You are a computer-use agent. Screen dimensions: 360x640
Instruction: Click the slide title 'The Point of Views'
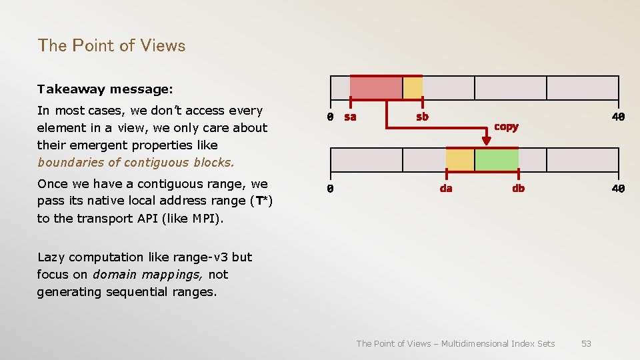pos(111,45)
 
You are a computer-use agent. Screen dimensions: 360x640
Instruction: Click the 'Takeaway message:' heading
pos(105,89)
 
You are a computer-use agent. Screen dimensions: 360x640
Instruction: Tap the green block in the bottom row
pos(496,160)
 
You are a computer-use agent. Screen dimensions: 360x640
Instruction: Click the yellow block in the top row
pos(413,88)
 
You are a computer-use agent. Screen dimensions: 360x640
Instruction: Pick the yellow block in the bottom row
pos(460,160)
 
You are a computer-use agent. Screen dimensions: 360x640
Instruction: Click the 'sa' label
pos(350,117)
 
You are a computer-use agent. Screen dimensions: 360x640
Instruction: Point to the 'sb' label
pos(422,117)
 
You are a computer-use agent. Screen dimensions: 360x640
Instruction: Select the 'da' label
pos(446,189)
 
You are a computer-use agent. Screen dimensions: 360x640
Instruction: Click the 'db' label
pos(518,189)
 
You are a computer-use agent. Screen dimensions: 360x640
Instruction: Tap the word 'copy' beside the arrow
pos(506,127)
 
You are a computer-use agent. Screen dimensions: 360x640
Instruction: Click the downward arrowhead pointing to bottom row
pos(486,140)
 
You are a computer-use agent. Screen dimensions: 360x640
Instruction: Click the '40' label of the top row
pos(619,117)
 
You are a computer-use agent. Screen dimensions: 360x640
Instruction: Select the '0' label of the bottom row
pos(330,189)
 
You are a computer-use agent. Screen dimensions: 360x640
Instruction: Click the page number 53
pos(586,343)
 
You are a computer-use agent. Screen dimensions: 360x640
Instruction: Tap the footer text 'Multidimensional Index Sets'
pos(497,343)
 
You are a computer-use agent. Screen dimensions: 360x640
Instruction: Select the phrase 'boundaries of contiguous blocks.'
pos(136,162)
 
